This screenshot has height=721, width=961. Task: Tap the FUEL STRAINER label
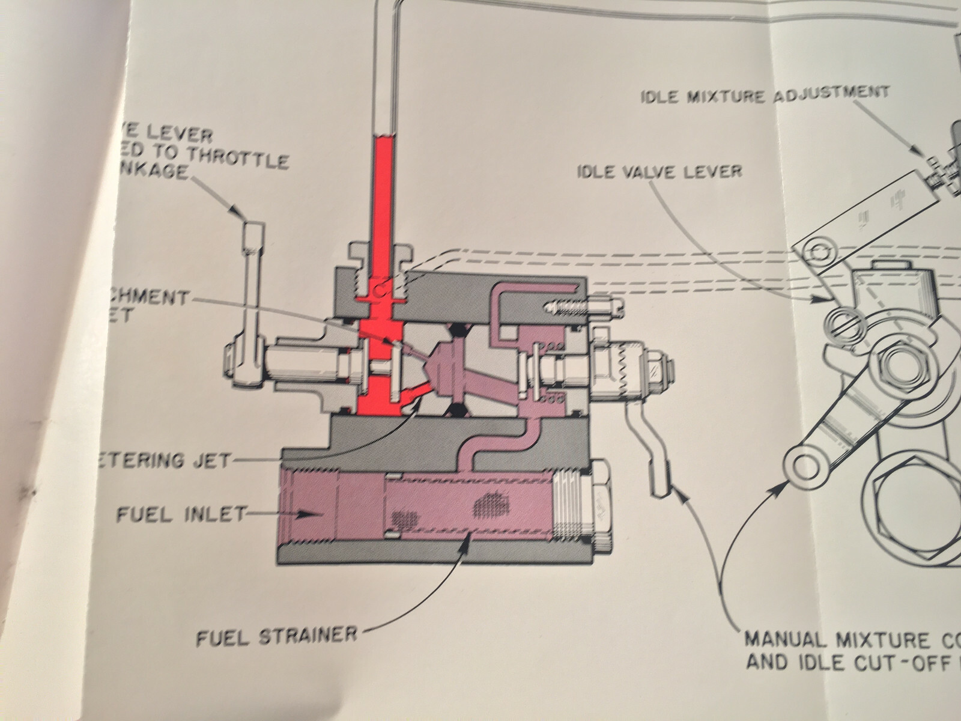(276, 634)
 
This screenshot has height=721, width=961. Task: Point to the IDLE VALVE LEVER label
(659, 171)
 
